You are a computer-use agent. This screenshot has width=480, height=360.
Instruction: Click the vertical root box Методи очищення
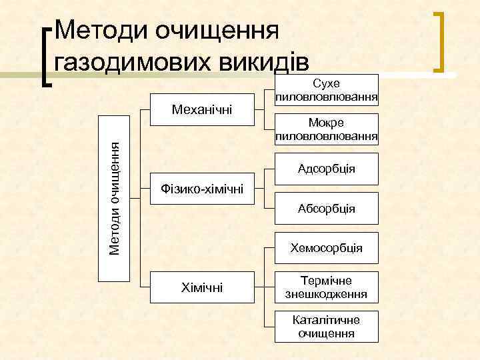tap(115, 199)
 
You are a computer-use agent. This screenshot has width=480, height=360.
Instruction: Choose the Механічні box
tap(202, 109)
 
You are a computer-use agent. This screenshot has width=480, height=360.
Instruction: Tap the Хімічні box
tap(202, 287)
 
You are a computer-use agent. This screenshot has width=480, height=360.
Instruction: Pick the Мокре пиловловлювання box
tap(327, 130)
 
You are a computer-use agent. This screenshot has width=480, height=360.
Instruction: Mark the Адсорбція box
tap(327, 169)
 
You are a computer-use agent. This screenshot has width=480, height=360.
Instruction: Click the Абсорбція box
tap(327, 209)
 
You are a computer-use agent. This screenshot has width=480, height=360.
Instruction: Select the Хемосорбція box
tap(327, 248)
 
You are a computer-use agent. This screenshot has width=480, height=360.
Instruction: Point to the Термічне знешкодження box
tap(327, 287)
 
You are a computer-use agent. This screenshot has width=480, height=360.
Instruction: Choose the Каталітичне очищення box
tap(327, 327)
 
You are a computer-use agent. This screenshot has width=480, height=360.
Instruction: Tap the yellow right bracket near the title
tap(441, 41)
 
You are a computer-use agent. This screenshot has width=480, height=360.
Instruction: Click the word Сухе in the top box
tap(327, 83)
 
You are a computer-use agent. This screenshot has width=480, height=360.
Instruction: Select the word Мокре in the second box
tap(327, 123)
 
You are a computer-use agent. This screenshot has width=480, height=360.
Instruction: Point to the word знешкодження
tap(327, 294)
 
